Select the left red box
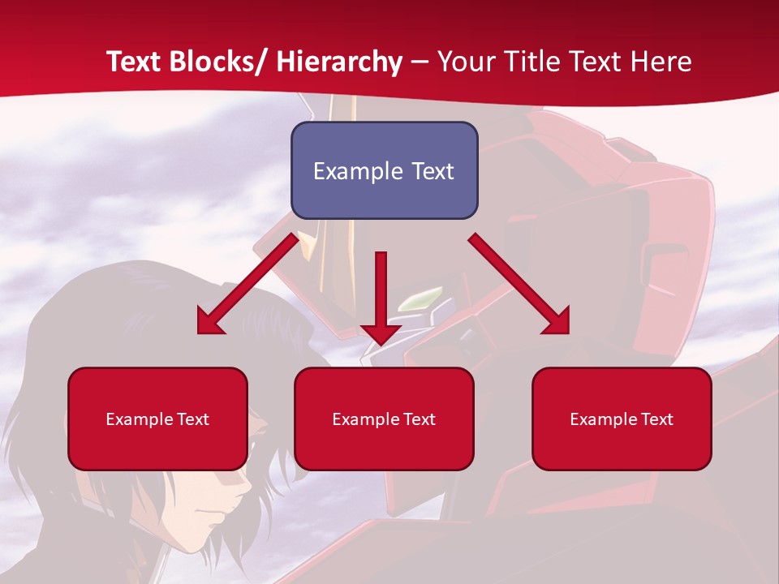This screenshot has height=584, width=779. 157,419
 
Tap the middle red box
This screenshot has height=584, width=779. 384,419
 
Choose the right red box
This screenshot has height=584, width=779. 622,419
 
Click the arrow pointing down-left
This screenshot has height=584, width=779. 247,284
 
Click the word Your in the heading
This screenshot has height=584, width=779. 465,62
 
